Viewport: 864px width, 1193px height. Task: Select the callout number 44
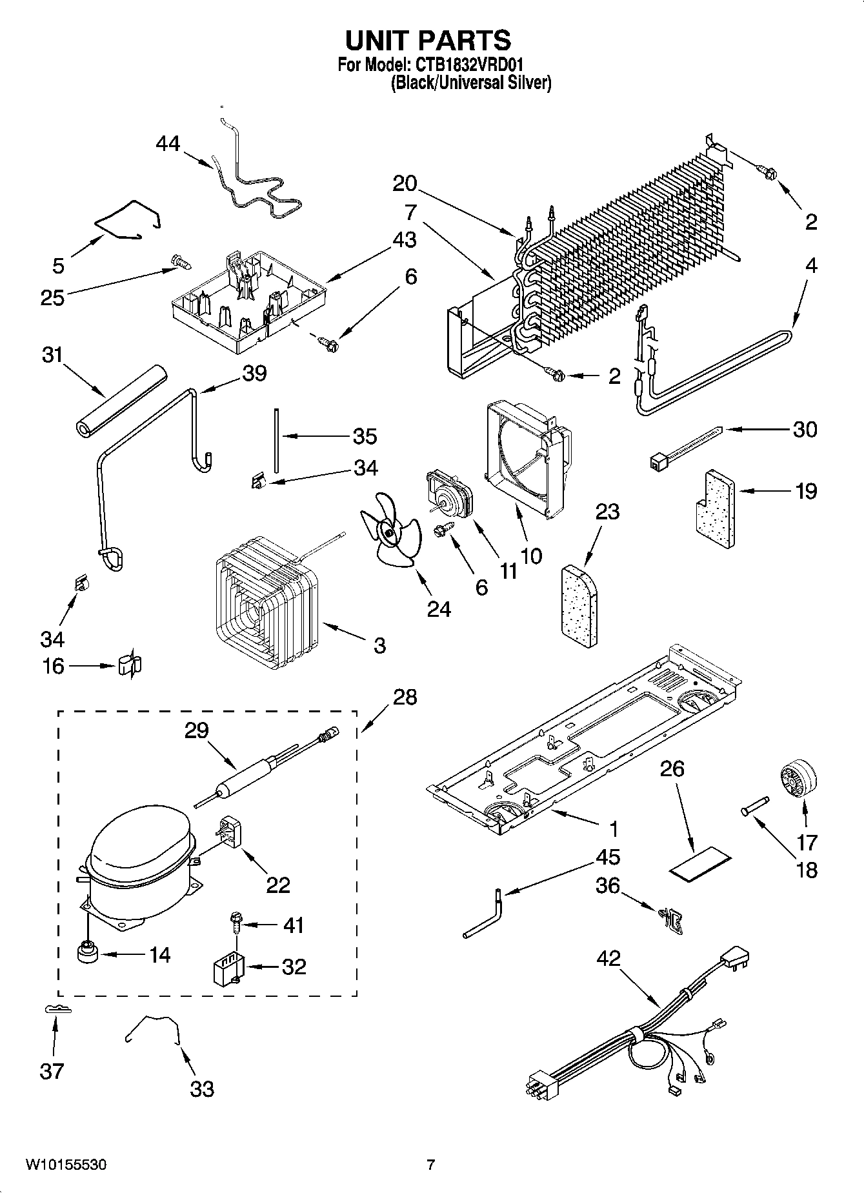point(168,143)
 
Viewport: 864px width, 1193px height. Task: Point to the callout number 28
point(405,697)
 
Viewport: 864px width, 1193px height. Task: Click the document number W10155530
point(66,1165)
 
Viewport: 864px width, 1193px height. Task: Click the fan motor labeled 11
point(448,494)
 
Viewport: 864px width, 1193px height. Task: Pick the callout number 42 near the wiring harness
point(608,957)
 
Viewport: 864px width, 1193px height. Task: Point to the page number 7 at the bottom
point(431,1165)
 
